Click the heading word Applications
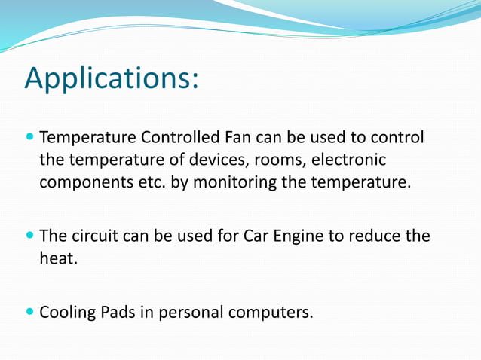[111, 78]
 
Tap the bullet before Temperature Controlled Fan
[29, 139]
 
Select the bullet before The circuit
[29, 236]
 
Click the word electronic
[348, 160]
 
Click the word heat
[58, 258]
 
